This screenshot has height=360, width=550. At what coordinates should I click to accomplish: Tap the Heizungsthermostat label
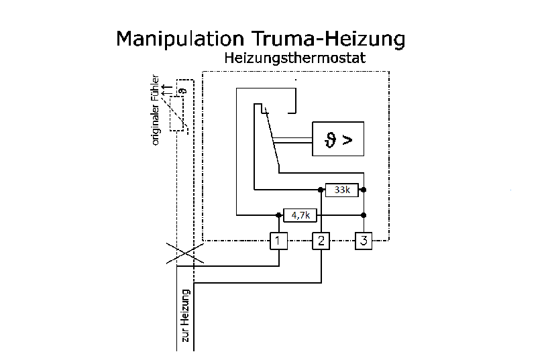pos(294,58)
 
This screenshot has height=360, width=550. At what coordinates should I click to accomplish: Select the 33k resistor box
pos(342,190)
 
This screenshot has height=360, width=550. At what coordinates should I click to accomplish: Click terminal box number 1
pos(279,241)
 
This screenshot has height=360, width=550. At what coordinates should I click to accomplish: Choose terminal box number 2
pos(321,241)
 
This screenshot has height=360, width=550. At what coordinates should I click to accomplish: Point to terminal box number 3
pos(363,241)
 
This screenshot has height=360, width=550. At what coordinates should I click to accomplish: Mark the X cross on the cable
pos(184,253)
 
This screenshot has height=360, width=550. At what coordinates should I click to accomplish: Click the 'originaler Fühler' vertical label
pos(156,109)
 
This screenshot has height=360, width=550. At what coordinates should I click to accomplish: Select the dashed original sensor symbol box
pos(178,114)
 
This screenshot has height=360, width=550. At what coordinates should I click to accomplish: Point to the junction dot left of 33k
pos(321,190)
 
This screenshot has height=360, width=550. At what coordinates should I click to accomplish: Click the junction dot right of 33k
pos(363,190)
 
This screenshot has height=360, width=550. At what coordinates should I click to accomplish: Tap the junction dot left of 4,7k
pos(279,215)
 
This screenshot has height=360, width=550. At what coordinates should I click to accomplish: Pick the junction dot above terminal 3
pos(363,215)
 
